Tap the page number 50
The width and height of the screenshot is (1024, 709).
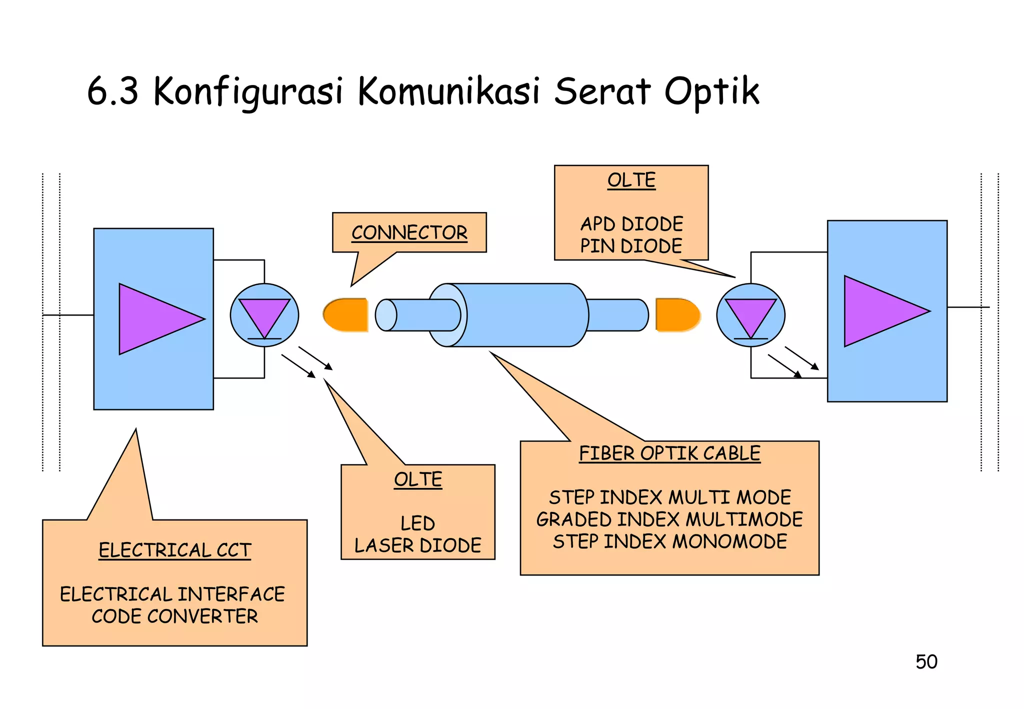pyautogui.click(x=926, y=661)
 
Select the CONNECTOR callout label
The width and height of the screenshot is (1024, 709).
pyautogui.click(x=409, y=232)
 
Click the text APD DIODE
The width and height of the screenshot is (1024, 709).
pyautogui.click(x=631, y=223)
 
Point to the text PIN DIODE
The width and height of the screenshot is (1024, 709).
pyautogui.click(x=631, y=245)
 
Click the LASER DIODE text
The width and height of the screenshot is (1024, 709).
pyautogui.click(x=417, y=545)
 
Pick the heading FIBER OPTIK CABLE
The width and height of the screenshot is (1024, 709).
pyautogui.click(x=669, y=453)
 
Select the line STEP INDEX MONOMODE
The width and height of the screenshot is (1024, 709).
pyautogui.click(x=669, y=541)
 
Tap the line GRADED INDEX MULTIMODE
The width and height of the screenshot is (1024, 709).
pyautogui.click(x=669, y=519)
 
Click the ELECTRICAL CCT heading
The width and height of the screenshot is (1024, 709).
pyautogui.click(x=174, y=550)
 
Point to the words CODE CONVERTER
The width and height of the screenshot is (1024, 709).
pyautogui.click(x=174, y=616)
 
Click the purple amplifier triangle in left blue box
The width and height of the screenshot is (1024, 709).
pyautogui.click(x=155, y=319)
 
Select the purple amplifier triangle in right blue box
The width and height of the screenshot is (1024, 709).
pyautogui.click(x=880, y=311)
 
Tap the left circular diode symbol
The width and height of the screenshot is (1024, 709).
pyautogui.click(x=264, y=315)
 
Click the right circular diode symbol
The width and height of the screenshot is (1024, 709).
pyautogui.click(x=750, y=315)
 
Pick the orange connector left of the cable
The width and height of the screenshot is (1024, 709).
pyautogui.click(x=346, y=315)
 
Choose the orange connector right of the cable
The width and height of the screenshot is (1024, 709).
pyautogui.click(x=677, y=315)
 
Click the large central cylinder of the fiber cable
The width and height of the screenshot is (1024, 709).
pyautogui.click(x=517, y=315)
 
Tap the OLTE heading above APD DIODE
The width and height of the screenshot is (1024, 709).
pyautogui.click(x=631, y=180)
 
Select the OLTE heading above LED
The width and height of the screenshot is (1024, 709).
pyautogui.click(x=417, y=479)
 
